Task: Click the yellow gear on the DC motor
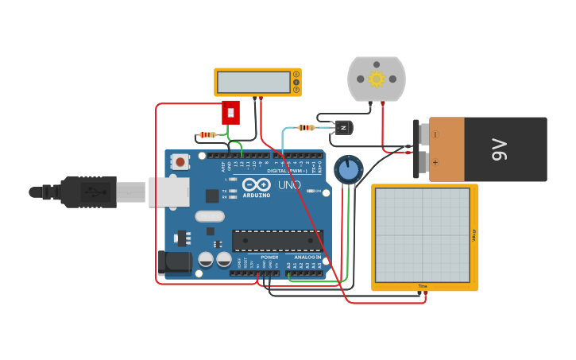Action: pos(377,79)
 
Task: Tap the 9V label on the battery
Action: pos(498,149)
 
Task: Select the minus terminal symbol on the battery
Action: pos(435,134)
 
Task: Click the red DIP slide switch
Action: pos(230,113)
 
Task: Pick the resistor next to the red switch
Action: pos(208,135)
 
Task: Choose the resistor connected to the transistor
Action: pos(306,127)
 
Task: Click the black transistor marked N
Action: pos(343,127)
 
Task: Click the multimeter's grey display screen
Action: pos(253,81)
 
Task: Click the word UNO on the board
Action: pos(289,185)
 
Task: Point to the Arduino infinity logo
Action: pos(257,184)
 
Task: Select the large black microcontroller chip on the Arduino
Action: pos(276,241)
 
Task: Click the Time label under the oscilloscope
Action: pos(423,286)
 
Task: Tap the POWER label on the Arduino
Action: pos(269,257)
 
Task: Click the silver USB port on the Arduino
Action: pos(168,192)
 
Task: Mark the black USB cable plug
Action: pos(87,192)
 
